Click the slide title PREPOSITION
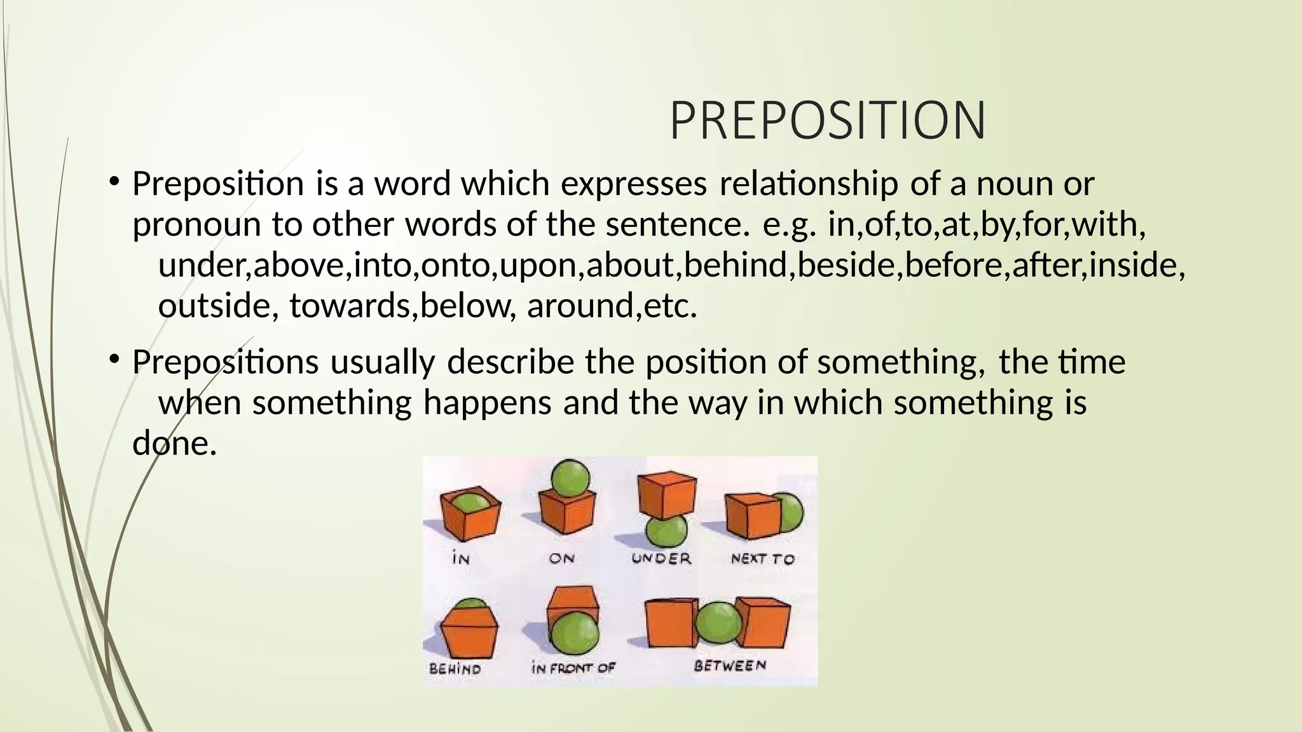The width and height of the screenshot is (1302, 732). pos(827,121)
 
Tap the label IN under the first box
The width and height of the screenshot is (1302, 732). pos(461,559)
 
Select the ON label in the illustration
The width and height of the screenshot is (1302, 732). pos(562,559)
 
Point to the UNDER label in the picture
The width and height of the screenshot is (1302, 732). pos(661,559)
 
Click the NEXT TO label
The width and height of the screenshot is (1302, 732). pos(762,559)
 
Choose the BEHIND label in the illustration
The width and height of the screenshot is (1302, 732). pos(455,668)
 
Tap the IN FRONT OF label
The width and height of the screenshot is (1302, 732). pos(573,668)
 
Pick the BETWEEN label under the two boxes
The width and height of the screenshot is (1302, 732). pos(730,666)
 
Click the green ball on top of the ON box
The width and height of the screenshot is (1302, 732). pos(570,478)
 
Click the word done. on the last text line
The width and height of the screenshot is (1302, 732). pos(174,443)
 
